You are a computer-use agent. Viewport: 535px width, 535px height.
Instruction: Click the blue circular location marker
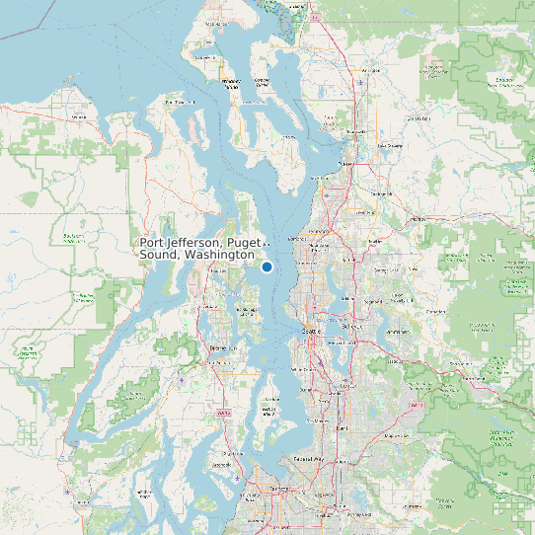267,267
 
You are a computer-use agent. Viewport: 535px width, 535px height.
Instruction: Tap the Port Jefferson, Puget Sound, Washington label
197,249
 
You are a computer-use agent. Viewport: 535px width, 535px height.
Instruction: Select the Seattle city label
311,333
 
